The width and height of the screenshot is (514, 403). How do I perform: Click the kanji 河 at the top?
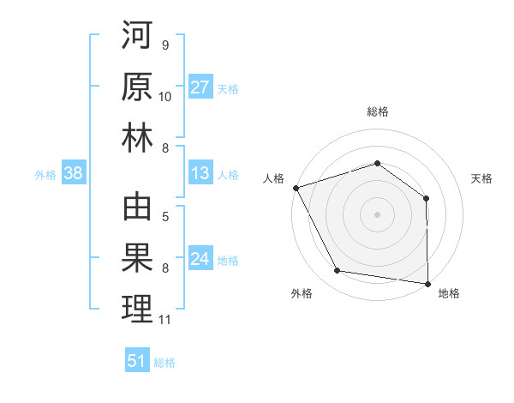pyautogui.click(x=137, y=38)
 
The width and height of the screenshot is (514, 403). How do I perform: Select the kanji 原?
pyautogui.click(x=137, y=87)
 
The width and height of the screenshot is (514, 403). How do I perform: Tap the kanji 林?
pyautogui.click(x=137, y=139)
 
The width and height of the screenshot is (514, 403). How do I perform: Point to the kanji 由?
pyautogui.click(x=137, y=209)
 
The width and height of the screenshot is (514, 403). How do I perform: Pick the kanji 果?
pyautogui.click(x=137, y=260)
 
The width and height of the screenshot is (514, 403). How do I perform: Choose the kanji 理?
pyautogui.click(x=137, y=310)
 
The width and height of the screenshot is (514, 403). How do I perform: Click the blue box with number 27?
pyautogui.click(x=200, y=87)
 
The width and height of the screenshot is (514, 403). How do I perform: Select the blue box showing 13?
pyautogui.click(x=200, y=174)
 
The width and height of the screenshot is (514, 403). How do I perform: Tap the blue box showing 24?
pyautogui.click(x=200, y=260)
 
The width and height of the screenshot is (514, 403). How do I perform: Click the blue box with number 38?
pyautogui.click(x=73, y=174)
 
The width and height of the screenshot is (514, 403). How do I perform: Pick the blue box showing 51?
pyautogui.click(x=137, y=361)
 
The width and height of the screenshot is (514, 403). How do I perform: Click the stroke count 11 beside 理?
pyautogui.click(x=165, y=320)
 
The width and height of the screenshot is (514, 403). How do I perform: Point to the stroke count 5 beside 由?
pyautogui.click(x=165, y=217)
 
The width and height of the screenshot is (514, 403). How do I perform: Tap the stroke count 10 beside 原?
pyautogui.click(x=165, y=96)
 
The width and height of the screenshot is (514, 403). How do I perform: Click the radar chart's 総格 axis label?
pyautogui.click(x=378, y=111)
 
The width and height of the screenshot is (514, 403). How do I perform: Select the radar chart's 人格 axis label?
pyautogui.click(x=273, y=178)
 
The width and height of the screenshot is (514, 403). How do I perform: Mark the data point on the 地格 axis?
pyautogui.click(x=427, y=283)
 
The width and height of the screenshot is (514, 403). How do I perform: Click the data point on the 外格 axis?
pyautogui.click(x=338, y=271)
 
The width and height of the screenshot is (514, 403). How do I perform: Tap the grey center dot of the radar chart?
pyautogui.click(x=378, y=214)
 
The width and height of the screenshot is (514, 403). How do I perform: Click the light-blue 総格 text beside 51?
pyautogui.click(x=164, y=363)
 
